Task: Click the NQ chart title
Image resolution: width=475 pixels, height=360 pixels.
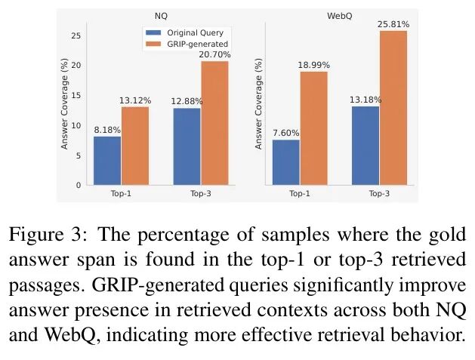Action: tap(161, 16)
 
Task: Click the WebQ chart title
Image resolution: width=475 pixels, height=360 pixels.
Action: tap(340, 16)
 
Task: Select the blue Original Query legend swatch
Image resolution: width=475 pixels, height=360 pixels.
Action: tap(153, 32)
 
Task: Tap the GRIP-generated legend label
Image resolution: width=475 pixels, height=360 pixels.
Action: tap(197, 44)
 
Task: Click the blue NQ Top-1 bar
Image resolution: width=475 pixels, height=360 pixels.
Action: tap(107, 161)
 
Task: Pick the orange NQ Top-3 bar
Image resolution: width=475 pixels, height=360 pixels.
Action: tap(214, 123)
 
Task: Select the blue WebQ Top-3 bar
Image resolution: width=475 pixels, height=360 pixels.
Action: tap(366, 146)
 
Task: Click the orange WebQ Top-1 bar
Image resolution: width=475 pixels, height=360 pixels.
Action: tap(314, 128)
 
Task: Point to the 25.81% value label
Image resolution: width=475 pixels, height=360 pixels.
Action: tap(393, 24)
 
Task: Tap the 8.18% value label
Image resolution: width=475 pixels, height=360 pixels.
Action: tap(107, 130)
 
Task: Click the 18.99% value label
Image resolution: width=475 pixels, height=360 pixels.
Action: tap(313, 65)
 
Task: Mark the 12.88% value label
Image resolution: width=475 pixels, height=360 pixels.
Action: tap(187, 101)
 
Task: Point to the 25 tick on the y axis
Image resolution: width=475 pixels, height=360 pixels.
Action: tap(76, 35)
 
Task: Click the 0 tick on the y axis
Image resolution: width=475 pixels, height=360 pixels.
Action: tap(79, 185)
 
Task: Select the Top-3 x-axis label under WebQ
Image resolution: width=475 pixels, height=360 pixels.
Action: tap(379, 193)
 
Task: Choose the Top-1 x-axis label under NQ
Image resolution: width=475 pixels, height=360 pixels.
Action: tap(121, 193)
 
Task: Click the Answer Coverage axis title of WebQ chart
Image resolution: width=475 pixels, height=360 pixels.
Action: tap(258, 103)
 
